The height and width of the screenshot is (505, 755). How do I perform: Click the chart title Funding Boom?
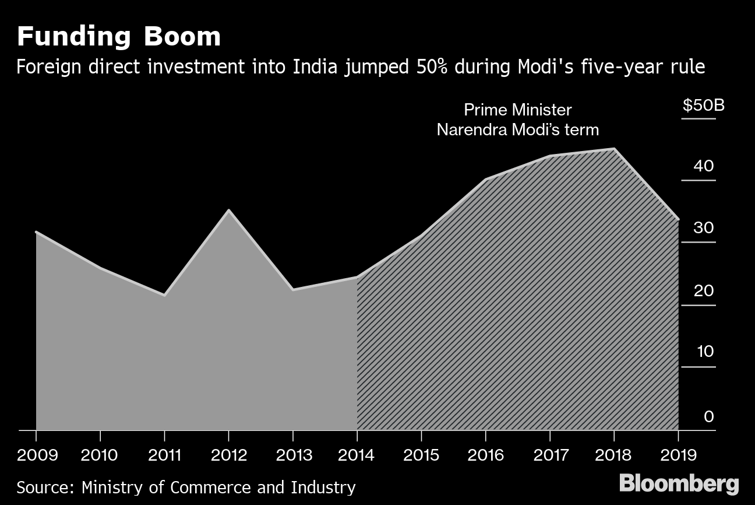pos(119,37)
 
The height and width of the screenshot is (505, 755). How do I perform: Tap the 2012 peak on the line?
pos(229,210)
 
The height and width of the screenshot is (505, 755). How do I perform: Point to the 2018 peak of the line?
pos(613,149)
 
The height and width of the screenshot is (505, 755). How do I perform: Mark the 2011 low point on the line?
pos(165,295)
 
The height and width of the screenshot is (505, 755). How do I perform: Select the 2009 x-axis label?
pos(37,455)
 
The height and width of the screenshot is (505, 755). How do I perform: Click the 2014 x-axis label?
pos(357,455)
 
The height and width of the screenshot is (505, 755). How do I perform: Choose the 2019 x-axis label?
pos(678,455)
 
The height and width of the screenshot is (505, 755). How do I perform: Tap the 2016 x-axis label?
pos(485,455)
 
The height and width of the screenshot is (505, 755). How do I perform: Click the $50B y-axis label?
pos(703,107)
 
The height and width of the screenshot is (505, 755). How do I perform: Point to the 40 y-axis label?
pos(703,166)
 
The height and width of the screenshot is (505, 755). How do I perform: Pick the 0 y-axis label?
pos(708,416)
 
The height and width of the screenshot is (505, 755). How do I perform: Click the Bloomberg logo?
pos(679,483)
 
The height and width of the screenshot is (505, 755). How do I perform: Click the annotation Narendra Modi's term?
pos(518,129)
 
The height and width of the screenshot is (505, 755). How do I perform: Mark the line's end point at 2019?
pos(678,219)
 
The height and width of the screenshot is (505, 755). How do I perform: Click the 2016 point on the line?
pos(485,179)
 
